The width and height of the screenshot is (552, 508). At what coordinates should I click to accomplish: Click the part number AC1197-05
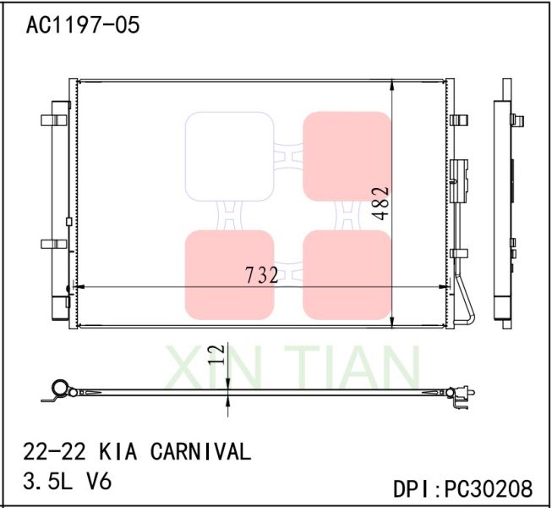(x=82, y=25)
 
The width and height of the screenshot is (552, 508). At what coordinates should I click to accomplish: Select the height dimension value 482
(x=381, y=203)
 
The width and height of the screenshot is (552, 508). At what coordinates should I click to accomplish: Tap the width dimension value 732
(x=261, y=275)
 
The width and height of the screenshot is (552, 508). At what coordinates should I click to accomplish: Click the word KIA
(x=118, y=451)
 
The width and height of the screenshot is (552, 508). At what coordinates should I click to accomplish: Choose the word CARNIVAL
(x=200, y=451)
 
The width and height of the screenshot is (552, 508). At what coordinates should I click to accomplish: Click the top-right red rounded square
(x=347, y=157)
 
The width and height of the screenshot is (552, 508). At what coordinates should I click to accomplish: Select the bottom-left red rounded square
(x=229, y=274)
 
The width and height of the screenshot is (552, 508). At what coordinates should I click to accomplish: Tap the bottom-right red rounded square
(x=347, y=274)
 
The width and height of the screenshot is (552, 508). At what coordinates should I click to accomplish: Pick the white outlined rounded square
(x=229, y=157)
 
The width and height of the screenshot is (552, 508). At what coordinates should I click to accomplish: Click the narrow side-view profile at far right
(x=507, y=203)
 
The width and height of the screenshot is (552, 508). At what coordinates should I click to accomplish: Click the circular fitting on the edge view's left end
(x=58, y=389)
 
